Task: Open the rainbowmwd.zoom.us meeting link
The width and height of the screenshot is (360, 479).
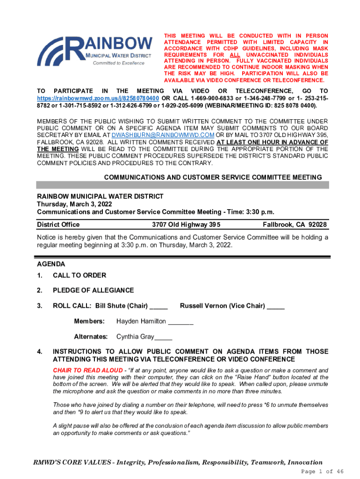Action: click(98, 98)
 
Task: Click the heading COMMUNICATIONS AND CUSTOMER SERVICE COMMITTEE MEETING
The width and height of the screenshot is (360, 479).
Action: click(213, 177)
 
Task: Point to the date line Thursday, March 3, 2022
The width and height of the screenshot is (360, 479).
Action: click(74, 204)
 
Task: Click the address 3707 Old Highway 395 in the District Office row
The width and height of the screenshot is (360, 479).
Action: click(186, 225)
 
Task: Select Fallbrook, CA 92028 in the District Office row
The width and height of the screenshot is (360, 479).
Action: click(295, 225)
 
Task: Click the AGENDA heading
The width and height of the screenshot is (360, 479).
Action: click(51, 264)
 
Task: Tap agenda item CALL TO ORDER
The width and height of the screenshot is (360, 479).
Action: click(79, 275)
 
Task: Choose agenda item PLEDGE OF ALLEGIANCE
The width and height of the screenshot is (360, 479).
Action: click(93, 290)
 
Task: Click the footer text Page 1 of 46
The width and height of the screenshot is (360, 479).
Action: click(323, 471)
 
